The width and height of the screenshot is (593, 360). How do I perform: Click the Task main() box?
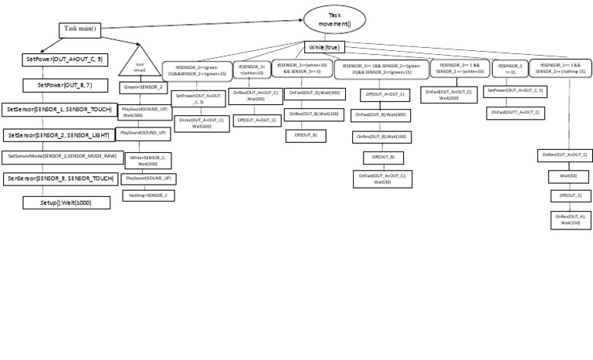point(80,30)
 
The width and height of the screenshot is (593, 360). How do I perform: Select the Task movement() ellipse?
point(334,19)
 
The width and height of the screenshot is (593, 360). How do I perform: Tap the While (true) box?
point(324,47)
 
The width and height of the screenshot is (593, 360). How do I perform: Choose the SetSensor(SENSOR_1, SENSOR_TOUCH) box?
point(59,110)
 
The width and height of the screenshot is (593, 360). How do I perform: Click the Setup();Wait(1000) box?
point(67,202)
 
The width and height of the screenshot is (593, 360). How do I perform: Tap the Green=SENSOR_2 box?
point(144,87)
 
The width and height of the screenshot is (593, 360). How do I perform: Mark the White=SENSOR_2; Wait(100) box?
point(148,160)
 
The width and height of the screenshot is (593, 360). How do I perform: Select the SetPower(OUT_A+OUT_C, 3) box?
point(198,97)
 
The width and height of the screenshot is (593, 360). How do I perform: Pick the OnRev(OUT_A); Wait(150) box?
point(571,219)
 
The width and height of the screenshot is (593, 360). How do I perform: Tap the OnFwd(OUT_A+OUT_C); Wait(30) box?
point(384,178)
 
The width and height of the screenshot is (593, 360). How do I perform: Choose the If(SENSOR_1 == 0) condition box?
point(510,69)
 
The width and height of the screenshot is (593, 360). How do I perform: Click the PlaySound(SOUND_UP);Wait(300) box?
point(144,112)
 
